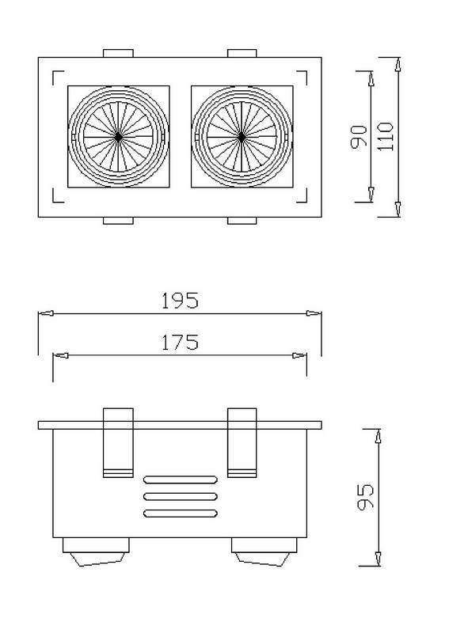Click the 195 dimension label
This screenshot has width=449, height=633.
[x=181, y=301]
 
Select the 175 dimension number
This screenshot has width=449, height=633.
[x=181, y=343]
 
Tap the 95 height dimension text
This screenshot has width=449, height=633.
[x=366, y=497]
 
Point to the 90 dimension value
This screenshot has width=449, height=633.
[x=359, y=136]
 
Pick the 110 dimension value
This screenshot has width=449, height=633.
[x=385, y=136]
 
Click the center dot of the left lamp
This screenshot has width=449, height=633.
[x=118, y=137]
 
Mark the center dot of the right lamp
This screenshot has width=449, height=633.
[x=242, y=137]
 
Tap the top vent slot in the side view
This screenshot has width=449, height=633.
[x=181, y=479]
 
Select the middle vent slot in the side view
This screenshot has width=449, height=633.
[x=181, y=497]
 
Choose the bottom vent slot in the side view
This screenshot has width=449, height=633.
[x=181, y=514]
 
